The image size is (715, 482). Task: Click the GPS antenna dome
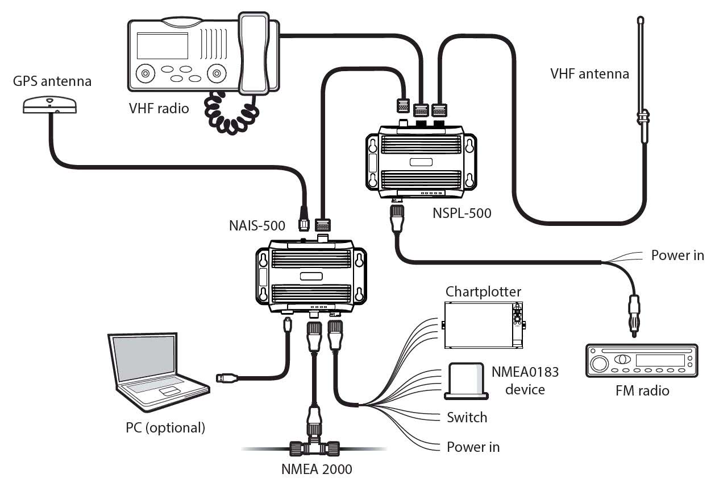(49, 105)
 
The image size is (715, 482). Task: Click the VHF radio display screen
(163, 46)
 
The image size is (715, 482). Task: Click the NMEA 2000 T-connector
(314, 448)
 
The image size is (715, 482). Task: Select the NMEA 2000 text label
(317, 469)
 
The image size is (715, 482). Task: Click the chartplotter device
(483, 326)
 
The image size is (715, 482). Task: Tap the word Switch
(467, 417)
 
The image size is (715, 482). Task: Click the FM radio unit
(642, 361)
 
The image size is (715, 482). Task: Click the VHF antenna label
(589, 74)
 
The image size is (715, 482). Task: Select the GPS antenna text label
(52, 81)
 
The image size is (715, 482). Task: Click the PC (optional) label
(165, 428)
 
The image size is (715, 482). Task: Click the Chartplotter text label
(483, 292)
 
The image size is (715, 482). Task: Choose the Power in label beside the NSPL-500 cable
(677, 255)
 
